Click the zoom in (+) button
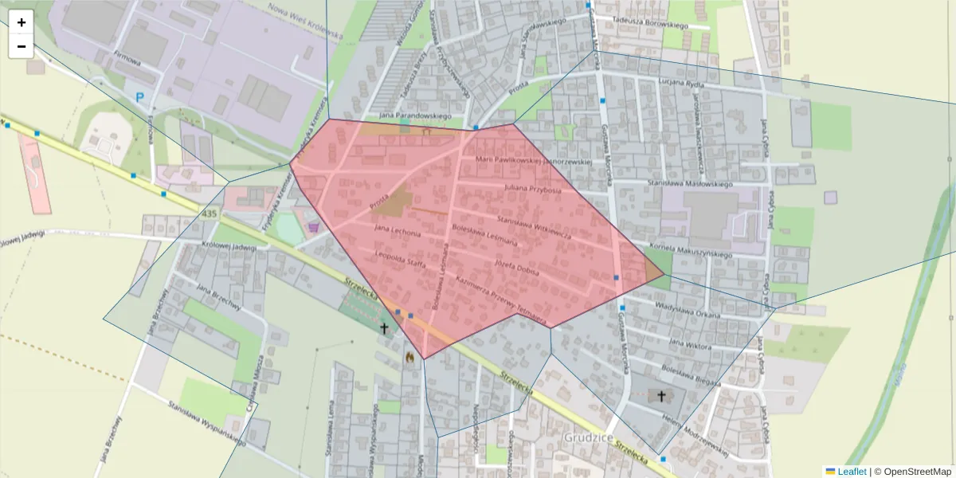click(22, 22)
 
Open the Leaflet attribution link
click(852, 472)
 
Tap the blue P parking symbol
click(140, 98)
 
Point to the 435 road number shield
click(210, 214)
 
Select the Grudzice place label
click(588, 437)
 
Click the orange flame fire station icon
click(410, 358)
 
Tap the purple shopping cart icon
click(313, 227)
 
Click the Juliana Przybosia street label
click(533, 190)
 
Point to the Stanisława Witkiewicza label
click(533, 225)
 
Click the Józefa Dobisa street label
click(517, 268)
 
